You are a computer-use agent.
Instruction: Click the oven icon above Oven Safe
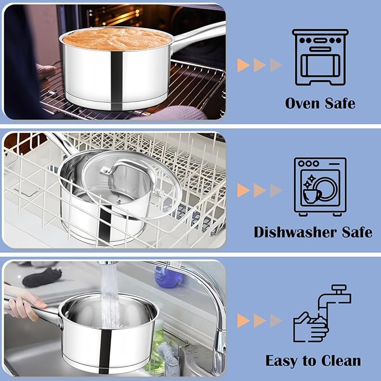click(320, 57)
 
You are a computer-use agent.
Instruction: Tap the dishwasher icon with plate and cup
click(320, 186)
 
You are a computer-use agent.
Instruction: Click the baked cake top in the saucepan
click(116, 39)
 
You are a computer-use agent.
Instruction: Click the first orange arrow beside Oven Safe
click(243, 65)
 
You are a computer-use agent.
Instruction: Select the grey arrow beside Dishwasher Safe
click(276, 190)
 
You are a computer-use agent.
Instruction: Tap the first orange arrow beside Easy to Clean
click(243, 320)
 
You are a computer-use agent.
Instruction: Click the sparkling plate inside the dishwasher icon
click(324, 187)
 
